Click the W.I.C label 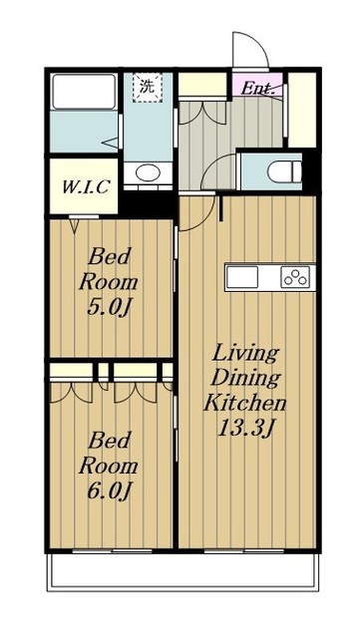tap(85, 186)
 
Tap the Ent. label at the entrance tap(257, 89)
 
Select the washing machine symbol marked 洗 tap(147, 88)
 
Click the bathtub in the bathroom tap(84, 92)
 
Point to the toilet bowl tap(284, 170)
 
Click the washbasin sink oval tap(147, 172)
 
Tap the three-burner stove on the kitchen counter tap(295, 277)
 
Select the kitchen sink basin tap(242, 277)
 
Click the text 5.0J tap(108, 308)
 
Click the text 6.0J tap(108, 491)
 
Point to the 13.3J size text tap(244, 428)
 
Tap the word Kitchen tap(244, 403)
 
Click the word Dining tap(245, 379)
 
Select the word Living tap(245, 353)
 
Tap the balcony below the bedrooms tap(182, 571)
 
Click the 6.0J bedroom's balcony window tap(112, 551)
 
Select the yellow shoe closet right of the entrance tap(302, 110)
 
